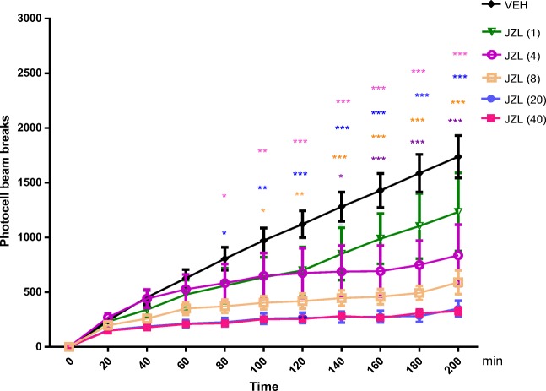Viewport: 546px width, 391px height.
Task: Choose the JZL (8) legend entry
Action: click(x=503, y=78)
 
